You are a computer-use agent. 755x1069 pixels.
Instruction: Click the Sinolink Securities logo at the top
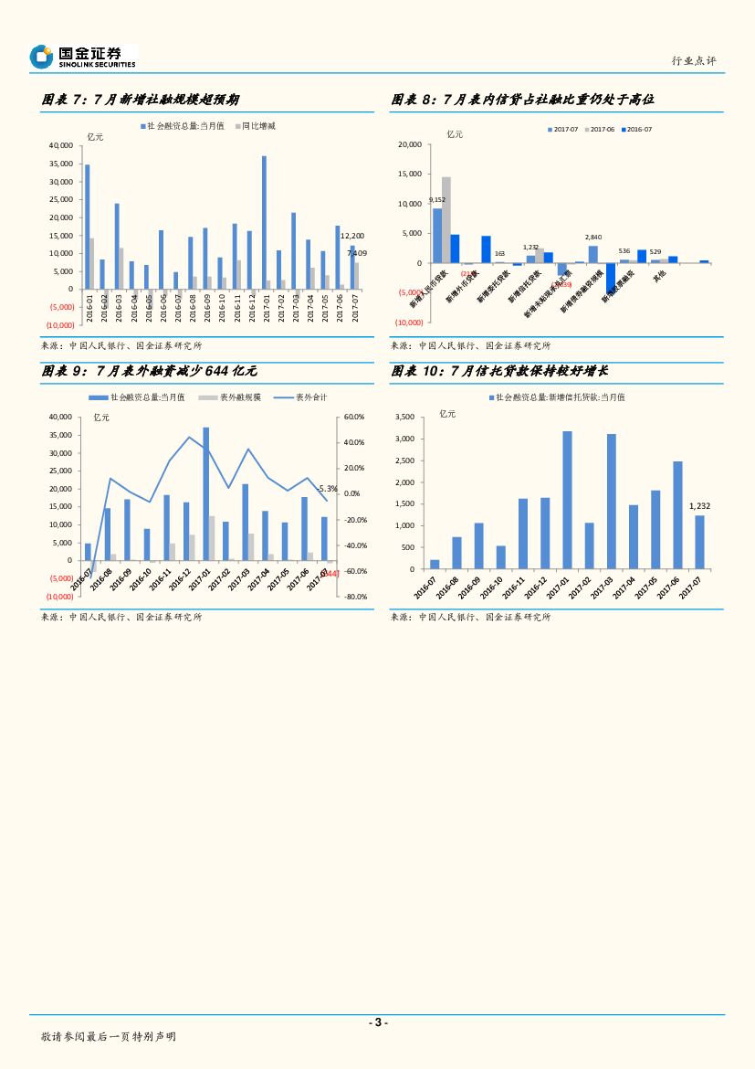(x=82, y=57)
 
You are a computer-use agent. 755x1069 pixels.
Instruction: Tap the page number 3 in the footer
(x=377, y=1022)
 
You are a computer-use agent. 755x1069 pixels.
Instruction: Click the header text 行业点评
(x=694, y=60)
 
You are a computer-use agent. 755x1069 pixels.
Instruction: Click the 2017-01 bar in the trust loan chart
(x=567, y=500)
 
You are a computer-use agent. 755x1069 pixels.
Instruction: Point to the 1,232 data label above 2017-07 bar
(x=699, y=505)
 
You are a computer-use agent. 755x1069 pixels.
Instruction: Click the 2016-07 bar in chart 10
(x=435, y=565)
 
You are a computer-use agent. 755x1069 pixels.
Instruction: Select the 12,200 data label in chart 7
(x=352, y=236)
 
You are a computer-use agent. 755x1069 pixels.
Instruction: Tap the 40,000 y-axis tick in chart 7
(x=62, y=146)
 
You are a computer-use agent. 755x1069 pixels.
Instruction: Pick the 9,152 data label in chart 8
(x=437, y=199)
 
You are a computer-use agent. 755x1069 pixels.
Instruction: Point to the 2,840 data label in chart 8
(x=593, y=238)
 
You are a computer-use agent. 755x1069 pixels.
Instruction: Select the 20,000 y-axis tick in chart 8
(x=410, y=145)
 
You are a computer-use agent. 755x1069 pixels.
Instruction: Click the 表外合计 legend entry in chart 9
(x=310, y=397)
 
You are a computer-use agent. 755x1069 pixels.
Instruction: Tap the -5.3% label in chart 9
(x=328, y=489)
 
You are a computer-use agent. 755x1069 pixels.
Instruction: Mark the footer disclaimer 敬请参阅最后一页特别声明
(x=109, y=1037)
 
